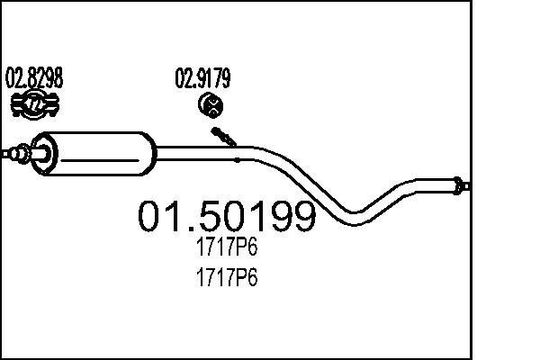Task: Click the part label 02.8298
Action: tap(35, 78)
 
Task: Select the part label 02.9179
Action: tap(202, 78)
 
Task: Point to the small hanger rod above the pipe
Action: tap(224, 138)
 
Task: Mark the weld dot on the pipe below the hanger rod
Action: tap(237, 159)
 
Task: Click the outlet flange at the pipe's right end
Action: tap(461, 186)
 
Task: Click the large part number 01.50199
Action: tap(226, 217)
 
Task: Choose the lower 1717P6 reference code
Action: tap(227, 279)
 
